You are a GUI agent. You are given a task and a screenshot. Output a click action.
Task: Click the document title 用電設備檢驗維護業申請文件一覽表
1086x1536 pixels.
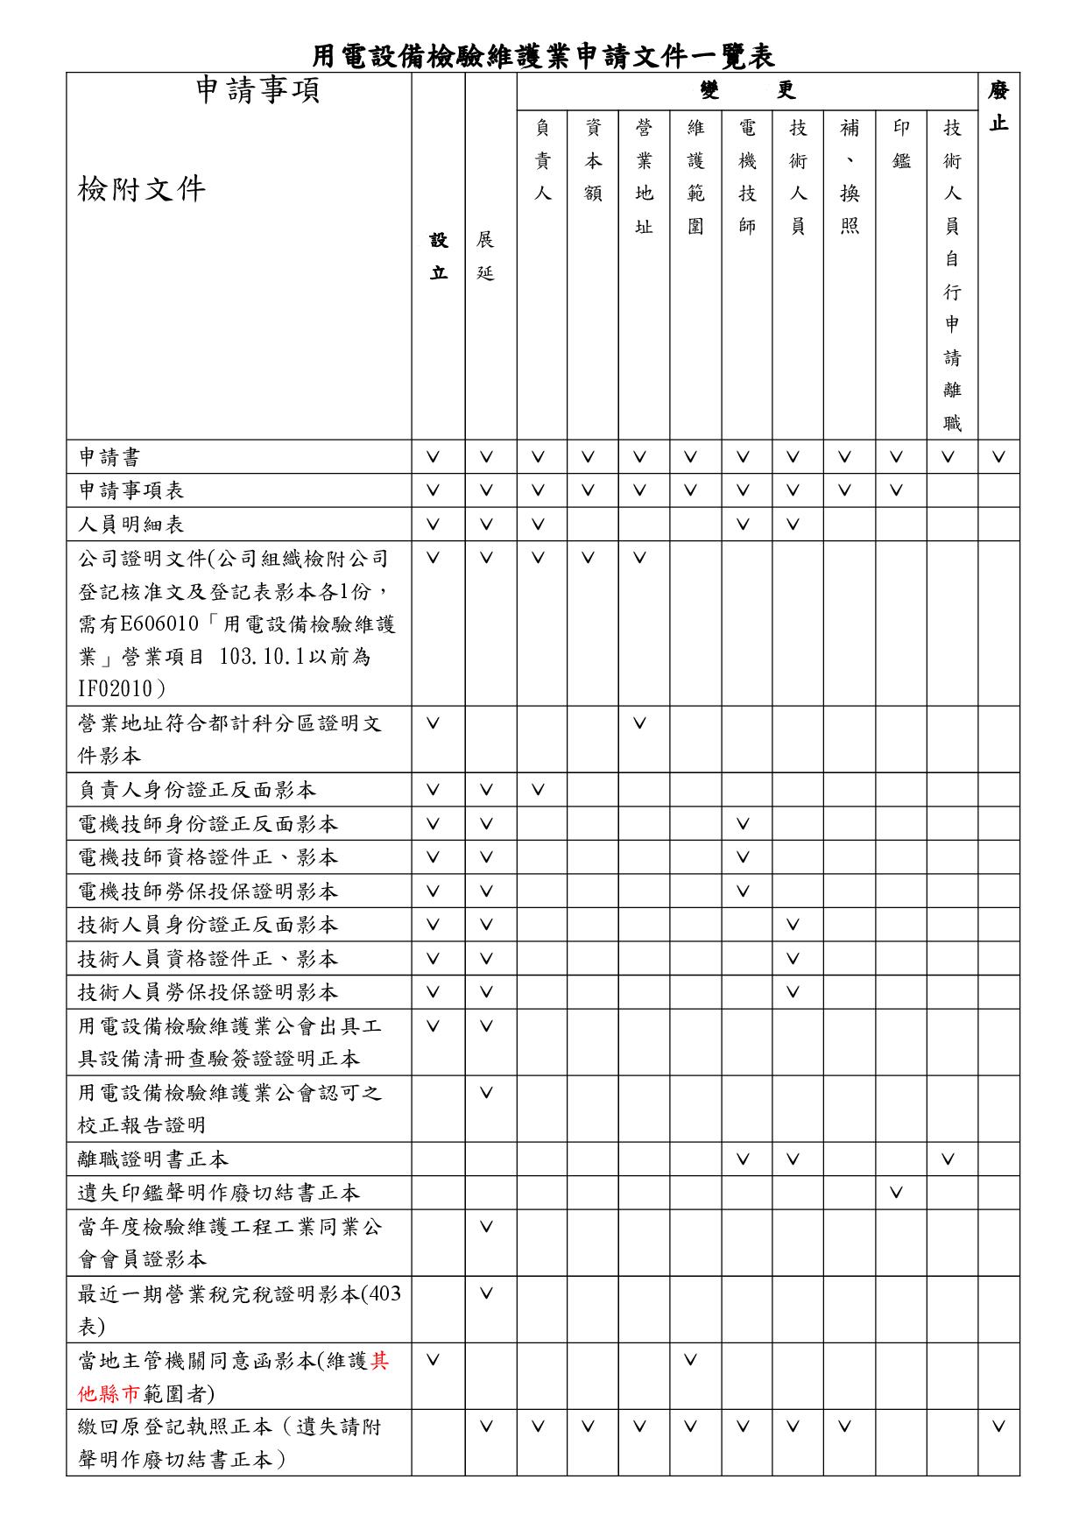pyautogui.click(x=543, y=56)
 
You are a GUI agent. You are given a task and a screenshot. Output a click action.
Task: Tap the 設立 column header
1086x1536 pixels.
pyautogui.click(x=438, y=256)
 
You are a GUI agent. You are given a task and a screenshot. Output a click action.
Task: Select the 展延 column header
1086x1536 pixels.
pyautogui.click(x=486, y=256)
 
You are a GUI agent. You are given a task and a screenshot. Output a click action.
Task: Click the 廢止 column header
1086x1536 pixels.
pyautogui.click(x=998, y=106)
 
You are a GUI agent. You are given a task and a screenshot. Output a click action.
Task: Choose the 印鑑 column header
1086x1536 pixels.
pyautogui.click(x=901, y=144)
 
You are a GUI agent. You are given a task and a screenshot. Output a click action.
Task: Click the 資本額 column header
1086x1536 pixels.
pyautogui.click(x=593, y=160)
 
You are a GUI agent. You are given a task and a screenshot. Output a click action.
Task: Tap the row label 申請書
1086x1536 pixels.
pyautogui.click(x=109, y=457)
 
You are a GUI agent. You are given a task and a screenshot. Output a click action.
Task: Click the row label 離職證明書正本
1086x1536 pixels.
pyautogui.click(x=153, y=1159)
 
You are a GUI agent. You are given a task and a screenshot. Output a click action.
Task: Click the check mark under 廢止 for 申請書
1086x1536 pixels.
pyautogui.click(x=999, y=457)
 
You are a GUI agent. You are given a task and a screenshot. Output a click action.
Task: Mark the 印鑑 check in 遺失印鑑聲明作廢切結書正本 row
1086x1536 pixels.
pyautogui.click(x=896, y=1193)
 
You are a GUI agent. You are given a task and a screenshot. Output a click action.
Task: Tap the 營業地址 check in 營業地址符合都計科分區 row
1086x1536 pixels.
pyautogui.click(x=640, y=723)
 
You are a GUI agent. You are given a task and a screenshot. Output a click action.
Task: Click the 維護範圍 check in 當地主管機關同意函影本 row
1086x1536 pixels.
pyautogui.click(x=691, y=1360)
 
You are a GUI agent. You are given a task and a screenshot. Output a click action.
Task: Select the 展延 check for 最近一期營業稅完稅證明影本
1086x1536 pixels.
pyautogui.click(x=486, y=1293)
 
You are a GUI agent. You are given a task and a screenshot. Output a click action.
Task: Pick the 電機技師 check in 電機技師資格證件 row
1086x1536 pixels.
pyautogui.click(x=743, y=857)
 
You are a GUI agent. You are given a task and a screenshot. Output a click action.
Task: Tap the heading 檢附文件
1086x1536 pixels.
pyautogui.click(x=142, y=188)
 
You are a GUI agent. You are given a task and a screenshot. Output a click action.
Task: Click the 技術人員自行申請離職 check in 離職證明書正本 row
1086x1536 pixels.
pyautogui.click(x=948, y=1159)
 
